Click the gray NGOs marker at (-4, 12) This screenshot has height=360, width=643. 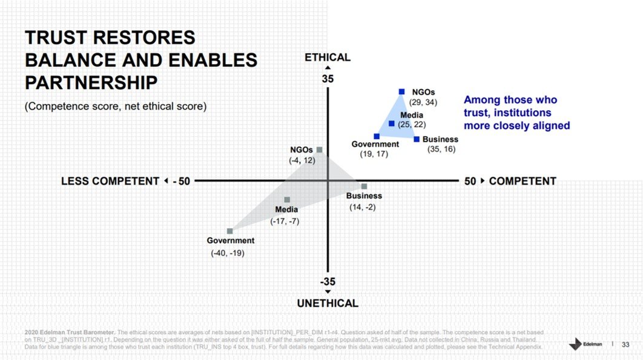319,149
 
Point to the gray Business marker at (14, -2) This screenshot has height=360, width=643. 364,186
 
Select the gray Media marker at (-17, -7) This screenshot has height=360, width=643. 287,200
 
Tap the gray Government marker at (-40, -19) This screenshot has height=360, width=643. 229,231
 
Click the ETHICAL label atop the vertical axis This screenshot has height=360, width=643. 328,57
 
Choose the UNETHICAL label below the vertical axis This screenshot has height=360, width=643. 328,303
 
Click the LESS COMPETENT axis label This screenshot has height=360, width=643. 110,181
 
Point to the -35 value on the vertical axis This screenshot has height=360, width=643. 328,281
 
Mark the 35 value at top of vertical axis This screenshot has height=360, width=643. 328,79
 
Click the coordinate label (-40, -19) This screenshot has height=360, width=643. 228,253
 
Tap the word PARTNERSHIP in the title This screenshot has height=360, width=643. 91,82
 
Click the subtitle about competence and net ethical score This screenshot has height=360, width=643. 116,106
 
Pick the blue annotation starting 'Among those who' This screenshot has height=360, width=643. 516,113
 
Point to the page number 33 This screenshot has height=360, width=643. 626,344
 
